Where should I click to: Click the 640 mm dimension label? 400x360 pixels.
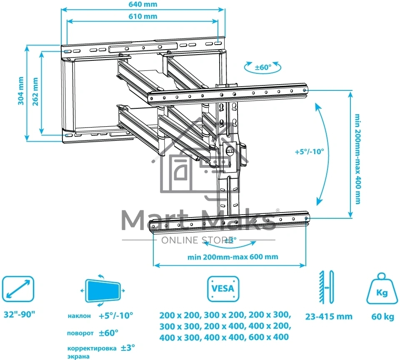click(143, 4)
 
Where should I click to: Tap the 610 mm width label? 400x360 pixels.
click(143, 16)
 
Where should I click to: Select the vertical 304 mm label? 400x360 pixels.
click(21, 91)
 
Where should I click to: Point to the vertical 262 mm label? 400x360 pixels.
click(35, 92)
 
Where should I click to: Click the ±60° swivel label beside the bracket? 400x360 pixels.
click(263, 67)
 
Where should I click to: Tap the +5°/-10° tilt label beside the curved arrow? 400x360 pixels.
click(310, 152)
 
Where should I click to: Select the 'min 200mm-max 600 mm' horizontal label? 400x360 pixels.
click(232, 257)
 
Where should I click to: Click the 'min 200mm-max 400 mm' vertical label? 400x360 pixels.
click(358, 159)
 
